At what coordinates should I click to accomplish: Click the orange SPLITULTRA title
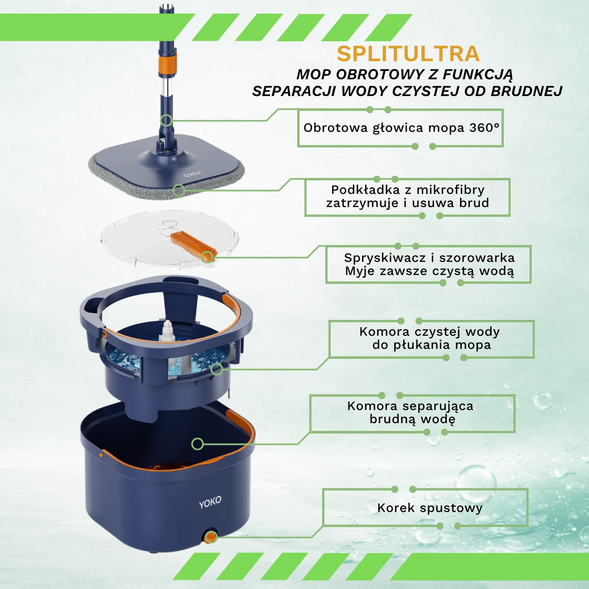pyautogui.click(x=408, y=54)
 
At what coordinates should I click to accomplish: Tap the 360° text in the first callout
pyautogui.click(x=484, y=127)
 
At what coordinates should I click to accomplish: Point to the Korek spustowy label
pyautogui.click(x=430, y=508)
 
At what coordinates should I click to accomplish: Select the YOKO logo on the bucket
pyautogui.click(x=210, y=502)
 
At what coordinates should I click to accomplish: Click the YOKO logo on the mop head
pyautogui.click(x=193, y=174)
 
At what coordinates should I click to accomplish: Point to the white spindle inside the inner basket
pyautogui.click(x=167, y=331)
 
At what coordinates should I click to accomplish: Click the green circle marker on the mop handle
pyautogui.click(x=167, y=121)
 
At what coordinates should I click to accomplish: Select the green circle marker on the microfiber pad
pyautogui.click(x=179, y=190)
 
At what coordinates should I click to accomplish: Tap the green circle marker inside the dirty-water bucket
pyautogui.click(x=198, y=444)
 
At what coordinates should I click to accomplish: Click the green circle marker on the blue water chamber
pyautogui.click(x=217, y=369)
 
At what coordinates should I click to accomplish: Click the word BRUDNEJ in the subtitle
pyautogui.click(x=526, y=91)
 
